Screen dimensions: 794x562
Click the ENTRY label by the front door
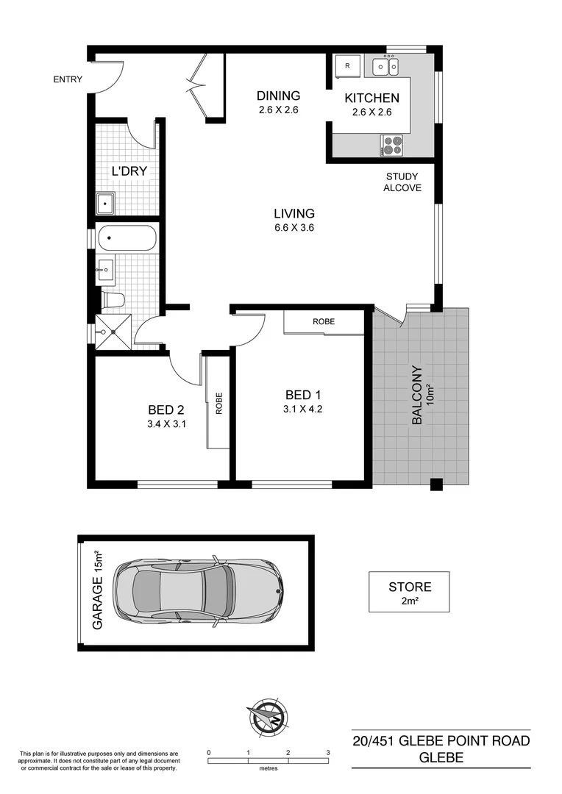[68, 79]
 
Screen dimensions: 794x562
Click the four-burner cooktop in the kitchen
[391, 146]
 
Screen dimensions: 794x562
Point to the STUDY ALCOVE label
[402, 182]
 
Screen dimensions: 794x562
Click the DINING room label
[278, 96]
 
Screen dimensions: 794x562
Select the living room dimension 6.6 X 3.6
[294, 228]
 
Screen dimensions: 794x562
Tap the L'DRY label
[129, 171]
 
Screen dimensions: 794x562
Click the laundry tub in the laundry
[106, 202]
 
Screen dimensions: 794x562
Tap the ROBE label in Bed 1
[324, 322]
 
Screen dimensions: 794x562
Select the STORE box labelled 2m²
[410, 593]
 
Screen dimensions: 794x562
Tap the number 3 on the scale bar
[327, 753]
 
